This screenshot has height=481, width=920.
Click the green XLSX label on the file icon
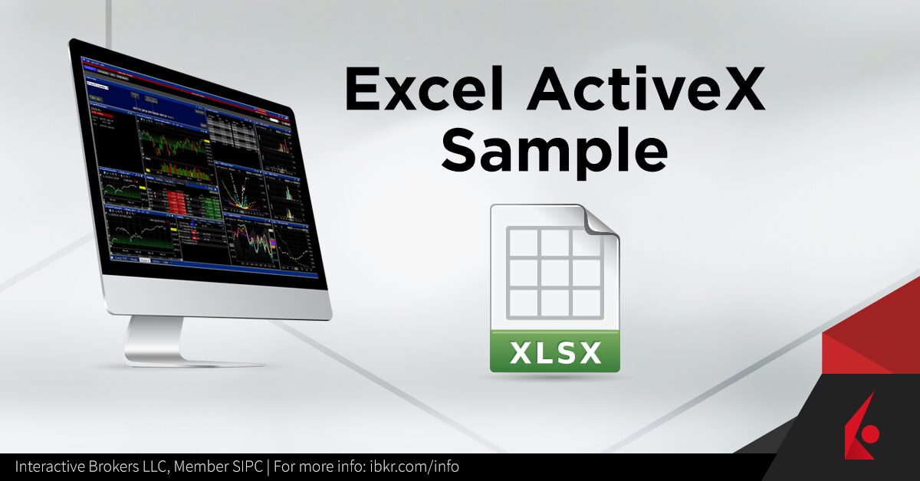coord(554,353)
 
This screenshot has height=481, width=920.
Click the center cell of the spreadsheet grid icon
coord(554,273)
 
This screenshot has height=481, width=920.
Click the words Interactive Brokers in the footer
coord(80,466)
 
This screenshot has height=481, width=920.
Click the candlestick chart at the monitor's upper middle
coord(172,146)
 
